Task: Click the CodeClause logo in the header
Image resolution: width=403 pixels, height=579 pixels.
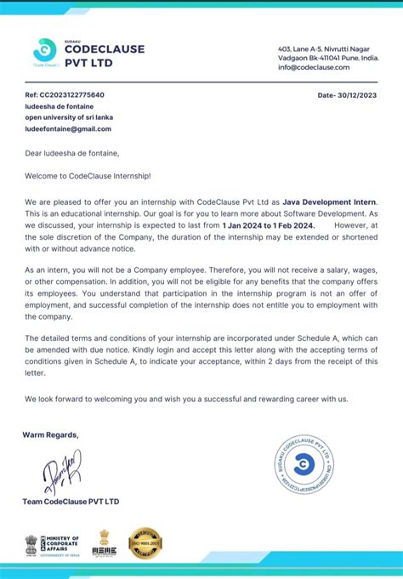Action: pyautogui.click(x=43, y=50)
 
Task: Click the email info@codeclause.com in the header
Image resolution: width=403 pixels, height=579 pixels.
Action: pyautogui.click(x=314, y=66)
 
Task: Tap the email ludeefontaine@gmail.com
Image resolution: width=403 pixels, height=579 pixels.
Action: pyautogui.click(x=68, y=128)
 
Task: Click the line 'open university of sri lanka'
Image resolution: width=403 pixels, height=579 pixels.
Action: pyautogui.click(x=69, y=117)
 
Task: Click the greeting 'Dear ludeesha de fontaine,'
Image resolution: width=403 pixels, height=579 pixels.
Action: pyautogui.click(x=71, y=153)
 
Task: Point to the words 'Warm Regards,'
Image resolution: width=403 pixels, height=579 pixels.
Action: pyautogui.click(x=50, y=434)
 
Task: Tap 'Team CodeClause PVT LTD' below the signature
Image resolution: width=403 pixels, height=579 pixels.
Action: pyautogui.click(x=71, y=502)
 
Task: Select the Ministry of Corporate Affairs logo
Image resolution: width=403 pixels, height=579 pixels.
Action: pyautogui.click(x=51, y=544)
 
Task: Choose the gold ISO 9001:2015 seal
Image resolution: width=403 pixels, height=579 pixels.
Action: pyautogui.click(x=145, y=543)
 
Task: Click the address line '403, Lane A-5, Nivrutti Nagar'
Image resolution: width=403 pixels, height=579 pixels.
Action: pyautogui.click(x=321, y=48)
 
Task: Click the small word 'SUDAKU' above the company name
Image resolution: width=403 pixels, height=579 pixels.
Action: pyautogui.click(x=75, y=39)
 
